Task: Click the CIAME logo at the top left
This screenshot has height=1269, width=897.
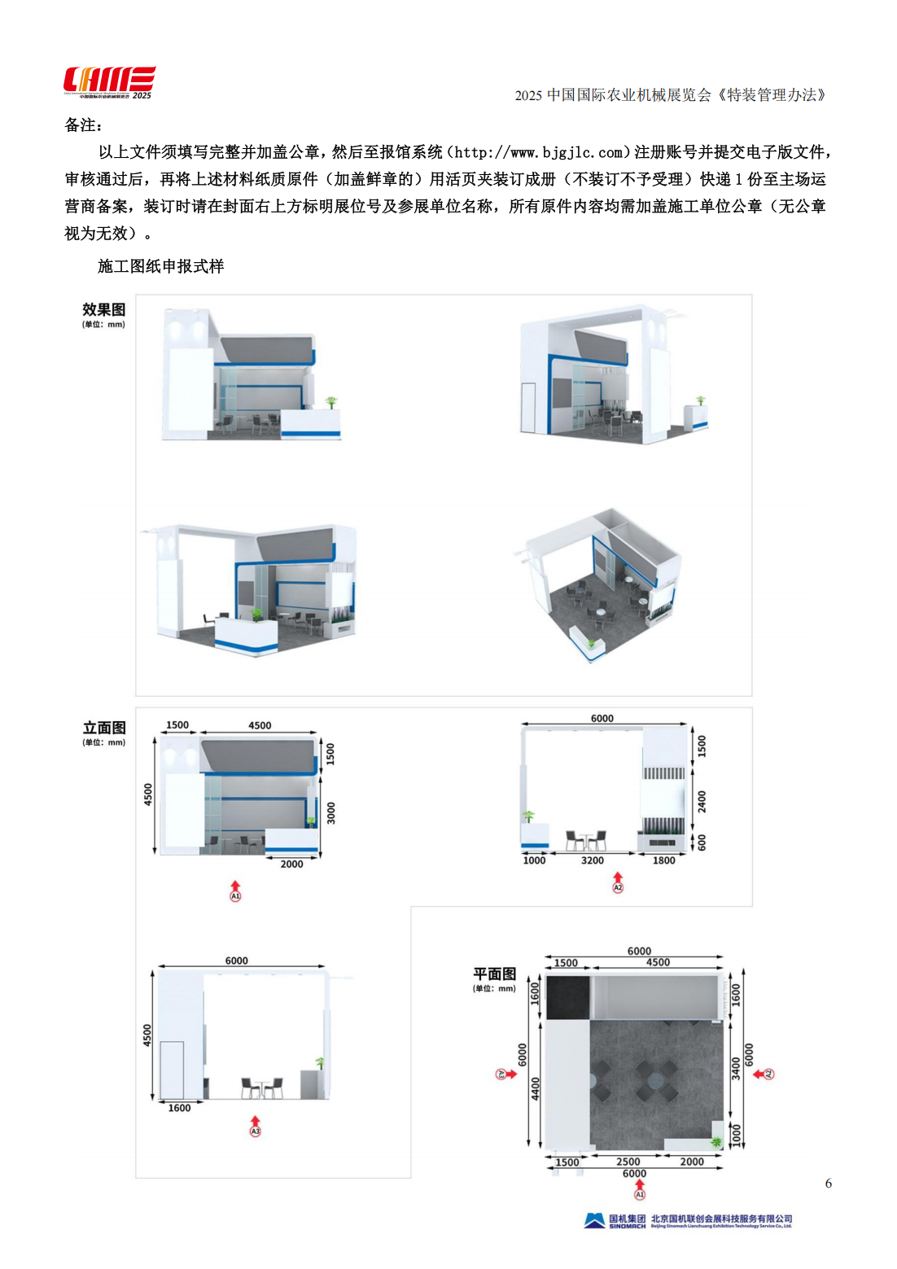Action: (x=109, y=82)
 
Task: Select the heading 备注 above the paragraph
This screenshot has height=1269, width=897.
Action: (x=82, y=125)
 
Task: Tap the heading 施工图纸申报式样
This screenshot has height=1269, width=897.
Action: (x=160, y=266)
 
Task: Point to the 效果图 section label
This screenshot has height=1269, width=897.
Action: (x=103, y=310)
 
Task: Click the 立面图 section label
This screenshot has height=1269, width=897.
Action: (x=104, y=728)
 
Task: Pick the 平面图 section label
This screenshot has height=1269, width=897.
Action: (x=494, y=974)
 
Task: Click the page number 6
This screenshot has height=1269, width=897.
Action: (x=828, y=1184)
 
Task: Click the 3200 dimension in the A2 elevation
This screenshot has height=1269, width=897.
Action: (x=593, y=860)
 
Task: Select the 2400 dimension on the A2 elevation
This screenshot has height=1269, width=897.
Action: (x=702, y=802)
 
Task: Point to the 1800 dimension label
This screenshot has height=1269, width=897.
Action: (x=663, y=860)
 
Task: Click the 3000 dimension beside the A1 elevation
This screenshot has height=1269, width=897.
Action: (x=330, y=812)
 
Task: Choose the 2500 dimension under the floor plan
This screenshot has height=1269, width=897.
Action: (x=628, y=1162)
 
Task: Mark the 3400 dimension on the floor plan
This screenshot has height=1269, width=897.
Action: (x=735, y=1068)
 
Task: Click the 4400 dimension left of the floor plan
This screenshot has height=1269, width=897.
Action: (x=536, y=1087)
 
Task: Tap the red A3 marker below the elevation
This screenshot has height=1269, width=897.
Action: (x=255, y=1131)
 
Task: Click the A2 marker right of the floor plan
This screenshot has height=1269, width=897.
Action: (x=768, y=1074)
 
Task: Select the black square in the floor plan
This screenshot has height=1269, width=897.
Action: (x=567, y=997)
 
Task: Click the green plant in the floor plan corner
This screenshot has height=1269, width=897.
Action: (x=716, y=1142)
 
